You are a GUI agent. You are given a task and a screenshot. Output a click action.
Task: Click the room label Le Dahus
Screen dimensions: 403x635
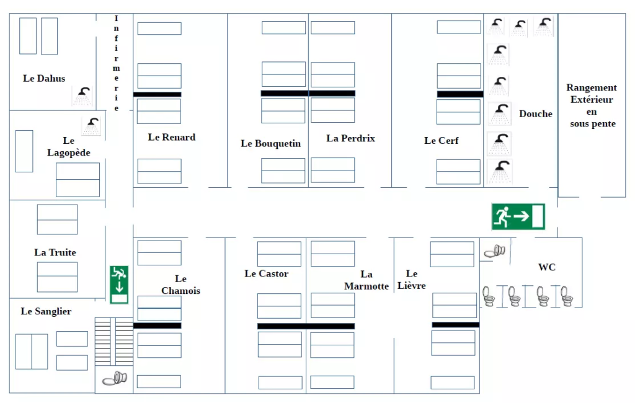pos(44,79)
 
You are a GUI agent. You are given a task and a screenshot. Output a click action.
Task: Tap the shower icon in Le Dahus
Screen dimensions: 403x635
pos(82,95)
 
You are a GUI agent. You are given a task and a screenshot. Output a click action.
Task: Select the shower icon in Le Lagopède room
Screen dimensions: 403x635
pos(92,125)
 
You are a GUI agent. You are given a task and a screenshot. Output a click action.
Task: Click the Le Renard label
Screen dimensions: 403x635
pos(171,138)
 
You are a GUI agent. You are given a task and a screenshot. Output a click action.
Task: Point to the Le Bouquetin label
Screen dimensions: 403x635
pos(270,144)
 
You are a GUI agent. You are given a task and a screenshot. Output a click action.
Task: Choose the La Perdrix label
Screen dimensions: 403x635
pos(350,139)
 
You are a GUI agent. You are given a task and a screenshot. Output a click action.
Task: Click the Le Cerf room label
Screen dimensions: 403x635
pos(441,141)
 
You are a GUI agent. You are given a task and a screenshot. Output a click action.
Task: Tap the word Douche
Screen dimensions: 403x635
pos(535,114)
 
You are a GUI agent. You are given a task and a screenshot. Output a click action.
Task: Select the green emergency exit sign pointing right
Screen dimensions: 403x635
pos(518,216)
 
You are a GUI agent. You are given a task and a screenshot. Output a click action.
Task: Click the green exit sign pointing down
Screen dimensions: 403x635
pos(119,285)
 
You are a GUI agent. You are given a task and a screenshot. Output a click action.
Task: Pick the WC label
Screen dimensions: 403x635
pos(546,267)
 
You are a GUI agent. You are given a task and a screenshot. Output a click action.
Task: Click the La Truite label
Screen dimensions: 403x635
pos(55,253)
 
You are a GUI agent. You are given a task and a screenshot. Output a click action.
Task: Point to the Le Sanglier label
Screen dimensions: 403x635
pos(46,312)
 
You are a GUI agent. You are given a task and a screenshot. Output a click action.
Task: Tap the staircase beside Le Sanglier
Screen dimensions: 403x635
pos(113,341)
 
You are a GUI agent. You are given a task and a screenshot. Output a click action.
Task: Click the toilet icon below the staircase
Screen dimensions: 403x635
pos(114,378)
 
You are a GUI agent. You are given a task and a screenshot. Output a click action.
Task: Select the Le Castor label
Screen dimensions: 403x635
pos(266,274)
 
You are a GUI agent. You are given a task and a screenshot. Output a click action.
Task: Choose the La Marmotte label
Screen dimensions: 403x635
pos(366,280)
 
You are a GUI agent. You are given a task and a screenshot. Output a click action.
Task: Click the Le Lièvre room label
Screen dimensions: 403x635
pos(412,280)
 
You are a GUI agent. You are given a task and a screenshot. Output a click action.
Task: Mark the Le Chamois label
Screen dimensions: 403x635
pos(180,285)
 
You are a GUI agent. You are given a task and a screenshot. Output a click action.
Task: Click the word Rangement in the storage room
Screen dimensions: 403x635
pos(591,88)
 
